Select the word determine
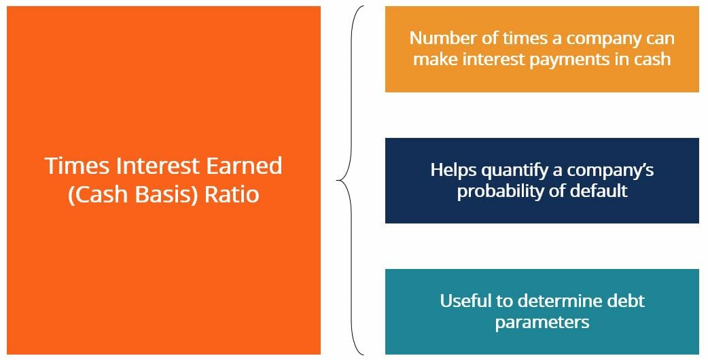559,300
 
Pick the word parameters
542,321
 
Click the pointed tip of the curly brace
338,181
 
